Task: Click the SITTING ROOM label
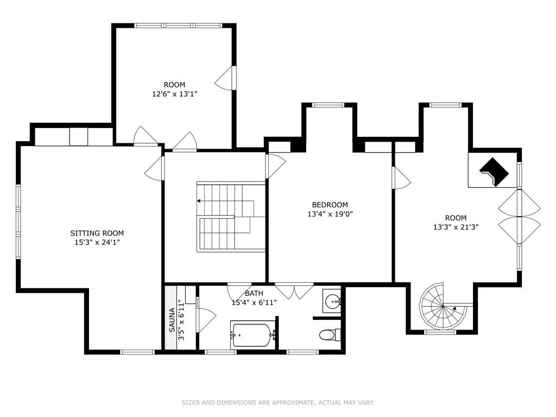point(97,233)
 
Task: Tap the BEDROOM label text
point(330,205)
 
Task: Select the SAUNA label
point(172,320)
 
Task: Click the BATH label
point(254,294)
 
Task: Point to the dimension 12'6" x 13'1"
point(174,94)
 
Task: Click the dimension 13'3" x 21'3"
point(456,227)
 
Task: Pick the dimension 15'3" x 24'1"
point(97,243)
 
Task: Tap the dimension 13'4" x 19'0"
point(330,214)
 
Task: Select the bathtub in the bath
point(253,334)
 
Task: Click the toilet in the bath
point(330,334)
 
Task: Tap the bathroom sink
point(332,301)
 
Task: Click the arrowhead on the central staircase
point(199,201)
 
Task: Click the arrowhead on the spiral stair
point(454,308)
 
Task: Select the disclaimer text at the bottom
point(278,402)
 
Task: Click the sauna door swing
point(206,320)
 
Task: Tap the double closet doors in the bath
point(294,290)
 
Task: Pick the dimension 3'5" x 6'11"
point(181,320)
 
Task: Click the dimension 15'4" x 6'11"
point(254,303)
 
